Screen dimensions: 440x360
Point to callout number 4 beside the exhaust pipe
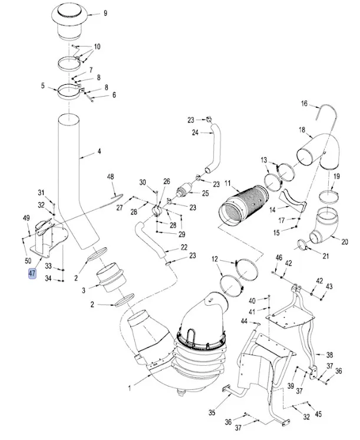(99, 151)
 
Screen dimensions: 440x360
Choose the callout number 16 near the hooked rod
(305, 104)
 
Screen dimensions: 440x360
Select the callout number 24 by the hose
(195, 133)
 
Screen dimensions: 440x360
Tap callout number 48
(110, 177)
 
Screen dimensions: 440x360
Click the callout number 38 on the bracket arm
(330, 355)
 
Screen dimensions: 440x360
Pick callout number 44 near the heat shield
(243, 321)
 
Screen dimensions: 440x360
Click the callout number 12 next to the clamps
(215, 259)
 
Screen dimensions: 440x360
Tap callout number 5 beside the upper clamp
(43, 86)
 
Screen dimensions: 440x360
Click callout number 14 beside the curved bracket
(273, 210)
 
